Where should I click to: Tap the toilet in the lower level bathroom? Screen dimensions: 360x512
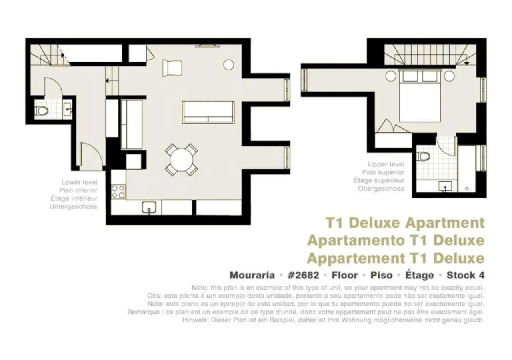(42, 110)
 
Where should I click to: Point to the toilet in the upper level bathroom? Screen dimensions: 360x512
(424, 156)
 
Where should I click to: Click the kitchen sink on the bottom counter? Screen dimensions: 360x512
(149, 207)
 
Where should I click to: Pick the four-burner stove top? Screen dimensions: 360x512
(118, 192)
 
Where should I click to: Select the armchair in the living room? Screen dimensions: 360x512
(172, 68)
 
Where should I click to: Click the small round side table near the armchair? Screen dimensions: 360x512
(228, 64)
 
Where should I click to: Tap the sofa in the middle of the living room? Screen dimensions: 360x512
(208, 112)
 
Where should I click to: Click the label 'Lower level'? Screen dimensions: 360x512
(79, 182)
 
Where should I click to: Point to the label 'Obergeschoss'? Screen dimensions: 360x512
(381, 188)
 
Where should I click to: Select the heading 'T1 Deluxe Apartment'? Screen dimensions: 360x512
(405, 222)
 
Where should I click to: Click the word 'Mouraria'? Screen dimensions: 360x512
(252, 275)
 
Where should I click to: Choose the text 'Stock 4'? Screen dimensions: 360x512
(465, 275)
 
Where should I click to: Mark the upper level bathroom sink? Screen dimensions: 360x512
(445, 186)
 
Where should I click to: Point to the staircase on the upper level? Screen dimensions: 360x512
(430, 55)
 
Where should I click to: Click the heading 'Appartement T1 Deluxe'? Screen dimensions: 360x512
(395, 258)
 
